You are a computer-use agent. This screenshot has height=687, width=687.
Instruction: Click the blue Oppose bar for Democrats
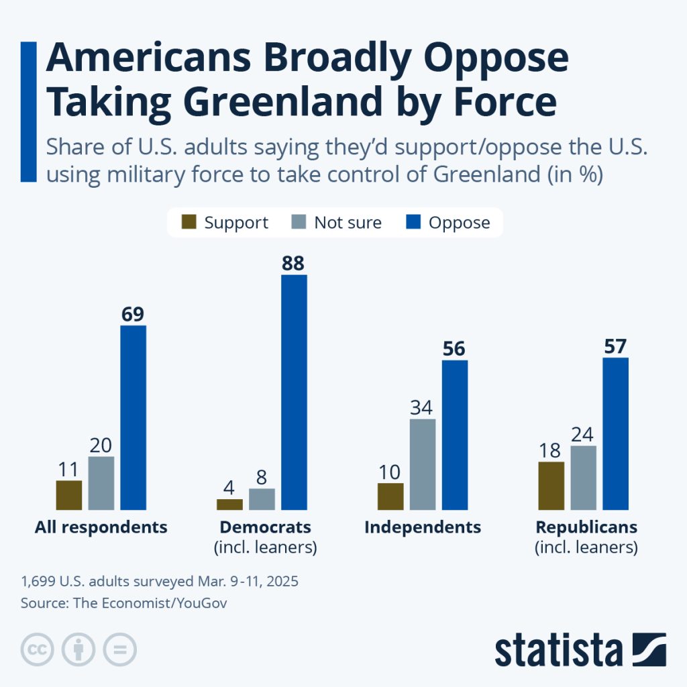[294, 392]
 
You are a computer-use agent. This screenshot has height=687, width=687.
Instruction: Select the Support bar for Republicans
[551, 486]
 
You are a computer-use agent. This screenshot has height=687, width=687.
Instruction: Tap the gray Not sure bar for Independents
[422, 464]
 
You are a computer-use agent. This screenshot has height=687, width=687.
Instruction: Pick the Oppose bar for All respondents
[133, 417]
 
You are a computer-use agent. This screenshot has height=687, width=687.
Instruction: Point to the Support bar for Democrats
[229, 504]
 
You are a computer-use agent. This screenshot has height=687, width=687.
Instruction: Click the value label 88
[293, 263]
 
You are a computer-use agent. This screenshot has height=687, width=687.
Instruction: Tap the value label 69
[133, 314]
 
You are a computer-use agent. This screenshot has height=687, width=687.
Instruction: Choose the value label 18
[551, 450]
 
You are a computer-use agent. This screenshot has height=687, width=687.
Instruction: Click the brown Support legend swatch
[190, 223]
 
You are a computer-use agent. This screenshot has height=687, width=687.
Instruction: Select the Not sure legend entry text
[348, 223]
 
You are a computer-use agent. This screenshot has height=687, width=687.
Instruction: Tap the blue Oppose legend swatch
[415, 223]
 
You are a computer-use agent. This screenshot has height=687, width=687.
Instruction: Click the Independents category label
[423, 527]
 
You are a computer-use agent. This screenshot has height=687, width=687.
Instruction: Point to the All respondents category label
[101, 527]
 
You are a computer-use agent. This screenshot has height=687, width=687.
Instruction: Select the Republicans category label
[586, 527]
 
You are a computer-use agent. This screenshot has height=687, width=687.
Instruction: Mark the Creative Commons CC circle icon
[38, 649]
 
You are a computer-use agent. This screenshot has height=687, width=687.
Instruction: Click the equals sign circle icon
[119, 649]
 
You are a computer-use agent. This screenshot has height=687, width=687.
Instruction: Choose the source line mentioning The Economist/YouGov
[124, 603]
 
